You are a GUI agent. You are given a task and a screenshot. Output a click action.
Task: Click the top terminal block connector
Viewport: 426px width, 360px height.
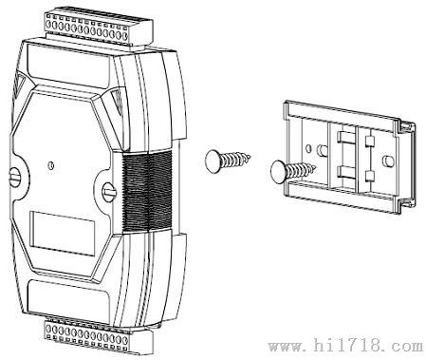tap(99, 28)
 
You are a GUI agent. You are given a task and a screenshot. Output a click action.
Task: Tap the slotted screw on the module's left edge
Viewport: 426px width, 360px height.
tap(15, 179)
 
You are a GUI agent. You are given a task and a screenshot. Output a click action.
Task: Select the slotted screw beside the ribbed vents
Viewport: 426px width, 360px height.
tap(109, 192)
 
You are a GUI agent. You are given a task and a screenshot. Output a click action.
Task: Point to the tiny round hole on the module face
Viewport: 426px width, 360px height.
tap(50, 165)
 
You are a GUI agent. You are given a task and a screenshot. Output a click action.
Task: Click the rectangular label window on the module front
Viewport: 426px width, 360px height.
tap(63, 233)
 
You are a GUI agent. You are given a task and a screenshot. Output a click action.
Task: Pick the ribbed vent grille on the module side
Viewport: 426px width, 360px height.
tap(147, 191)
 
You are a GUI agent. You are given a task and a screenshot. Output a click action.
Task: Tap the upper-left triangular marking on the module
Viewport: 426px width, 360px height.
tap(18, 84)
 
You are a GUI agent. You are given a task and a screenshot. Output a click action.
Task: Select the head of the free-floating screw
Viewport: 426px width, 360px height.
tap(213, 161)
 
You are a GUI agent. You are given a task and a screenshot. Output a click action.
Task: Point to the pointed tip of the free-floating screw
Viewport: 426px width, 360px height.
tap(250, 156)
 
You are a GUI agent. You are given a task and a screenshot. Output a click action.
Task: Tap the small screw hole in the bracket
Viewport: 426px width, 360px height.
tap(308, 148)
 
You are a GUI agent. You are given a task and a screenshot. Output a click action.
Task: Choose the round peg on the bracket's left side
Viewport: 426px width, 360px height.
tap(322, 150)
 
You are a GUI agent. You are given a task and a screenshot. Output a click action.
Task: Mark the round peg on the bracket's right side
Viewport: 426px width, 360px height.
tap(388, 161)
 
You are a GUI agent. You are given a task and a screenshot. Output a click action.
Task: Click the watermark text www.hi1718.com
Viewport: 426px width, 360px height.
tap(345, 346)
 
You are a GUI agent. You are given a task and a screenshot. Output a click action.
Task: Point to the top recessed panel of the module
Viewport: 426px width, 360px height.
tap(69, 66)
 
